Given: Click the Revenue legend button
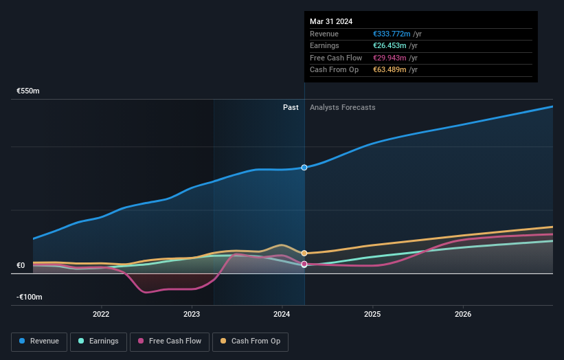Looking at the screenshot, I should [x=39, y=341].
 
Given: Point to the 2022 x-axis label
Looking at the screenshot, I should [x=101, y=315].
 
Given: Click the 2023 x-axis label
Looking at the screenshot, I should [x=192, y=315].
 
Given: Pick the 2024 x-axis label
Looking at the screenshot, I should [x=282, y=315].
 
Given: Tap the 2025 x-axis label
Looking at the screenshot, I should [x=372, y=315].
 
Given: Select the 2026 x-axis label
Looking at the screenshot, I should [x=463, y=315].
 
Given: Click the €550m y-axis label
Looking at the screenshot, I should [x=29, y=91].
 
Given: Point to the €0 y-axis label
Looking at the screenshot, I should [x=21, y=265].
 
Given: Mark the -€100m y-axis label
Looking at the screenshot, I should [x=30, y=297].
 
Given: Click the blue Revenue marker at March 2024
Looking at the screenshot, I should [x=304, y=168].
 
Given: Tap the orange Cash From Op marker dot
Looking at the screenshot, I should [x=304, y=254].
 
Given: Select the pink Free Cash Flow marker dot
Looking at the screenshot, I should [x=304, y=264].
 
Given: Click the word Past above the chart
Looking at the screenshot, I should [x=291, y=107].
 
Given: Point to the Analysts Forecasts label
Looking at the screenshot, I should [x=343, y=107].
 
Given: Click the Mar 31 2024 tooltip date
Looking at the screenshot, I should [x=331, y=21].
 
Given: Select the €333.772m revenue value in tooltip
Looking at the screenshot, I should [x=392, y=34].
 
